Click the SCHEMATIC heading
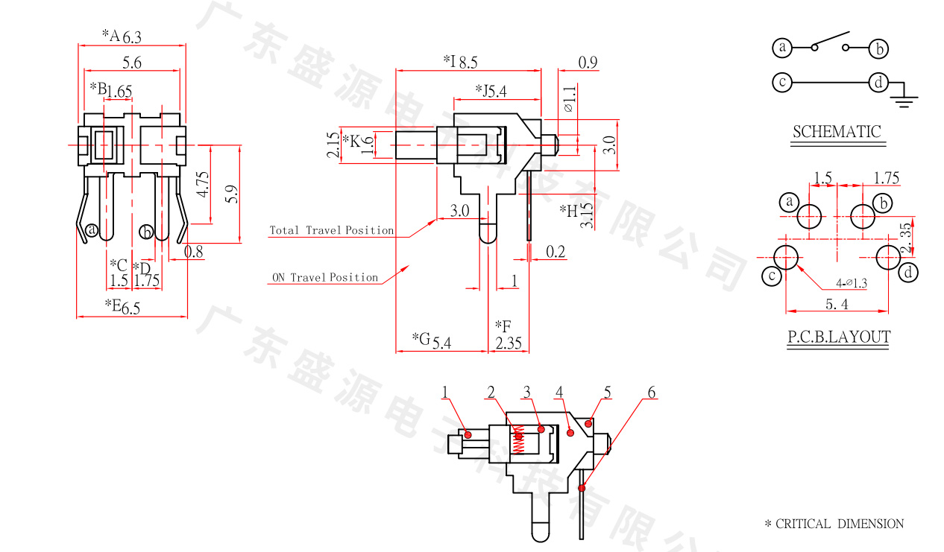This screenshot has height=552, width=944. click(x=836, y=132)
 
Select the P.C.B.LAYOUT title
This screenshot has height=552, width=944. click(x=838, y=337)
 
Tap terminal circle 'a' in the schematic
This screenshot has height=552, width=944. click(x=782, y=48)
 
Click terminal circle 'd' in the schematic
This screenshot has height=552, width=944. click(x=878, y=82)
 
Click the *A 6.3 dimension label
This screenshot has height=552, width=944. click(x=121, y=36)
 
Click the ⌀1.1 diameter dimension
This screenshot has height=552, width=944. click(x=570, y=98)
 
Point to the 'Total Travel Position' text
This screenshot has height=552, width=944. click(x=331, y=230)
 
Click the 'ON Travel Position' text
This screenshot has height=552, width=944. click(x=324, y=277)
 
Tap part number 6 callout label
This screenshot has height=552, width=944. click(x=651, y=393)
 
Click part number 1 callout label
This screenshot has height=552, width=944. click(x=444, y=392)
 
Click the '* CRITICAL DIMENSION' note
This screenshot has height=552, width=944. click(x=834, y=524)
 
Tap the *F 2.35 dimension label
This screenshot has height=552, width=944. click(x=508, y=334)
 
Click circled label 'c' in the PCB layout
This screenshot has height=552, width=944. click(x=772, y=277)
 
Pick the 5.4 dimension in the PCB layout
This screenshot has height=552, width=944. click(x=836, y=304)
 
